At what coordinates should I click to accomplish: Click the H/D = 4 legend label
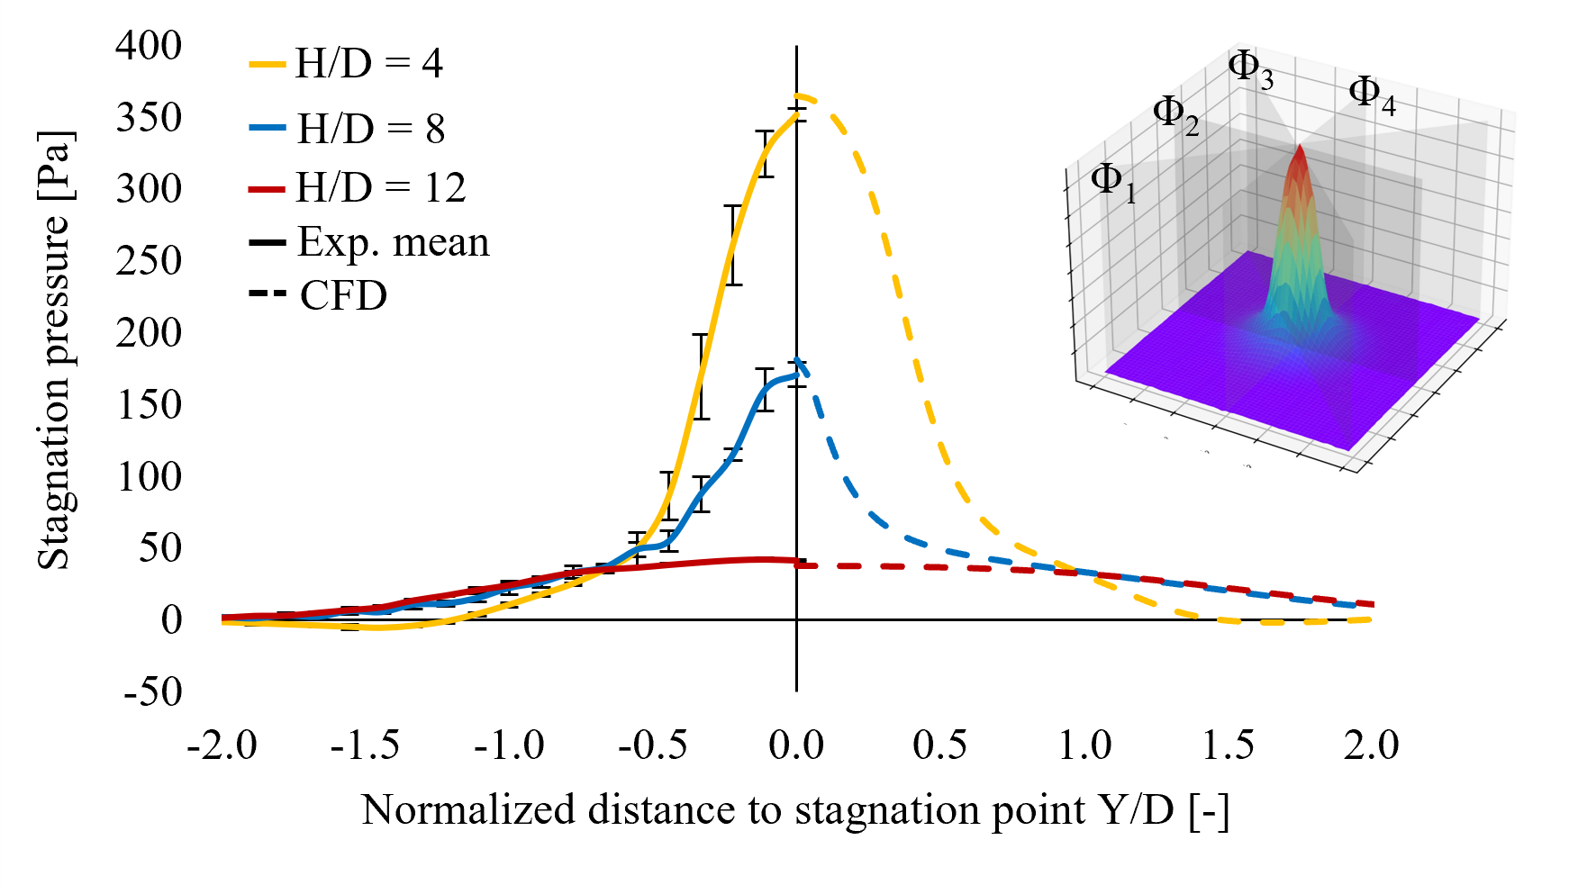369,64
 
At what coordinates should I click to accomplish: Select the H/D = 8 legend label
371,129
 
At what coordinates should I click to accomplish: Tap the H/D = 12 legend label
381,187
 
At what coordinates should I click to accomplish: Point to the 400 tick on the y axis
149,45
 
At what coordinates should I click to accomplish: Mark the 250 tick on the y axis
149,261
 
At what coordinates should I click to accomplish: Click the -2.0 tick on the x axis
222,745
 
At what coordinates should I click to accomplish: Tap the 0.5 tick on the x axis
939,745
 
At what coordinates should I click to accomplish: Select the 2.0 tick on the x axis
1371,745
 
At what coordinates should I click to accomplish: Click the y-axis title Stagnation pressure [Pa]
54,351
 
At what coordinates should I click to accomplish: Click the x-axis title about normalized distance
795,809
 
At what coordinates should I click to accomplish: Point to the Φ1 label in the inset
1113,182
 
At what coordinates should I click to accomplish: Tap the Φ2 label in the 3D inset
1175,115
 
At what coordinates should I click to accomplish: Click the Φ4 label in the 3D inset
1371,95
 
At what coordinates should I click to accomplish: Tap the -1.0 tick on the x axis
509,745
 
